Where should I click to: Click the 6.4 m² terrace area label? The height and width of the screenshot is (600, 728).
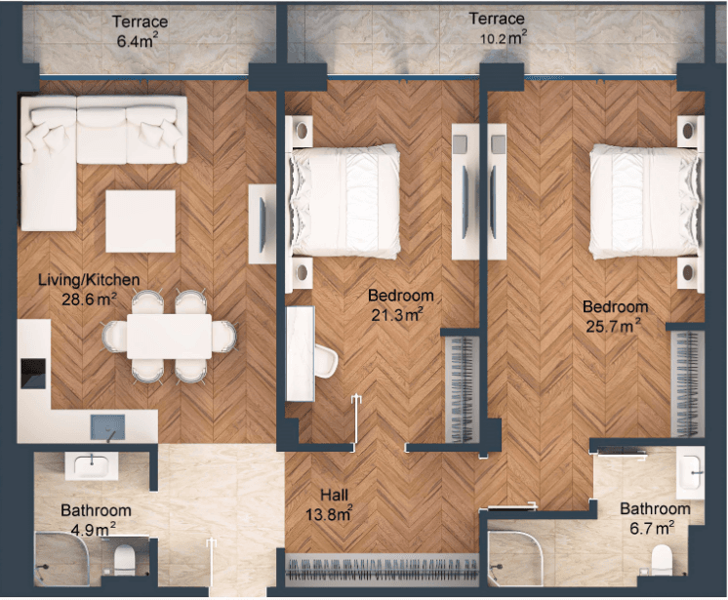(137, 41)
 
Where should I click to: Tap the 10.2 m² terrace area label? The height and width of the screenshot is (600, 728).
(504, 37)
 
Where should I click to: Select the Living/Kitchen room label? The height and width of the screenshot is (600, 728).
(89, 279)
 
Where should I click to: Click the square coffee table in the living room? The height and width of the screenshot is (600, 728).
(141, 221)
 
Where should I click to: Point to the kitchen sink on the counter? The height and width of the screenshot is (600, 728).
(107, 427)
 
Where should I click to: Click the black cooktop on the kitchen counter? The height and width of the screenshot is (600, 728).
(33, 374)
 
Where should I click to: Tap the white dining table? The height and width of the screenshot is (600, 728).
(170, 337)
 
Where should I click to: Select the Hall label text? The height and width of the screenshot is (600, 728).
(334, 496)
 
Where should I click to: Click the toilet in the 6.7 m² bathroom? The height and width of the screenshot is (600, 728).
(662, 560)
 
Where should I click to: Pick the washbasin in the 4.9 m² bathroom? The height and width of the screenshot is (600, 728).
(92, 466)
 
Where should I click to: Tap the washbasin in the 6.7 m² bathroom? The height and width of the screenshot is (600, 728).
(690, 473)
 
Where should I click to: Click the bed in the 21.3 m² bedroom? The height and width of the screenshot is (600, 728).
(344, 201)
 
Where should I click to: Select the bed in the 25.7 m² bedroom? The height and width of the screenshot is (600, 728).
(644, 201)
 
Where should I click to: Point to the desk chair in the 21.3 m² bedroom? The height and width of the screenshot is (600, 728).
(326, 361)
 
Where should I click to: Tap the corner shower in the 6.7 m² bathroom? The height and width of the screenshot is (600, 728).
(515, 558)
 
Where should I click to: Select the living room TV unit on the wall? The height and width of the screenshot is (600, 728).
(262, 224)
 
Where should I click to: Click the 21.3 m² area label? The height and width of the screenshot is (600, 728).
(397, 314)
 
